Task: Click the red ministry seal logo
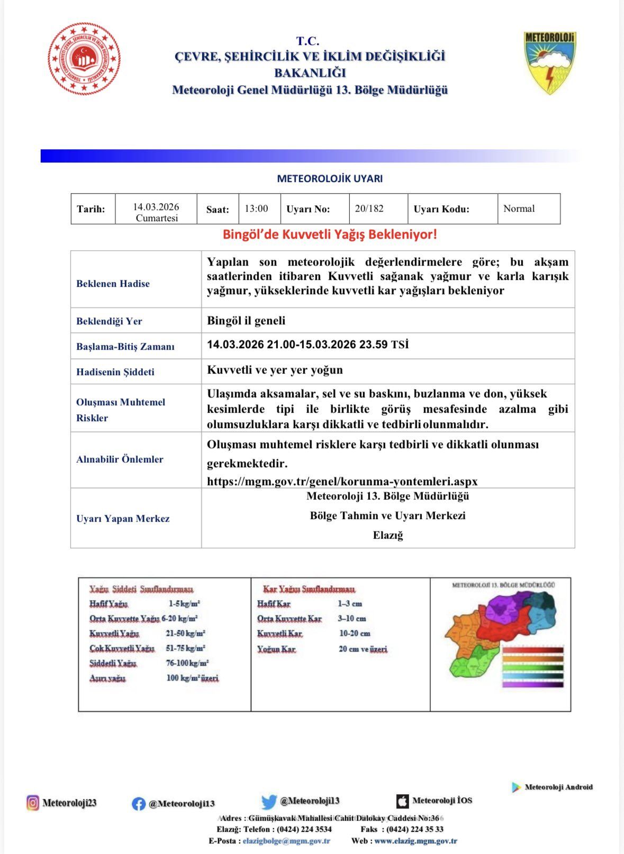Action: (x=84, y=59)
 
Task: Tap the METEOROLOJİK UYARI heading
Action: (x=330, y=179)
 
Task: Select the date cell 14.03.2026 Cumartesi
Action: (x=156, y=212)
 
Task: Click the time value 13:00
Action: (x=256, y=208)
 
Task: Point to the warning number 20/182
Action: (x=369, y=208)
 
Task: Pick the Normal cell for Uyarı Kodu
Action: (x=519, y=208)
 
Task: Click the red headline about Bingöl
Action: (x=330, y=234)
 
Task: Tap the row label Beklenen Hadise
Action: (x=113, y=284)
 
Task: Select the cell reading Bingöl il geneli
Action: (x=246, y=321)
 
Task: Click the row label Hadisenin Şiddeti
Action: (x=115, y=372)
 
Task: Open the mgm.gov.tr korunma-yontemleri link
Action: (x=342, y=481)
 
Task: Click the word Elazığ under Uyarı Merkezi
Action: (x=388, y=535)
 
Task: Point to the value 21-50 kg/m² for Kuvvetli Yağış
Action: (x=185, y=633)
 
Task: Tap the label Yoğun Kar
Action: (x=276, y=649)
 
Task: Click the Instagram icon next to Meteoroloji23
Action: (x=33, y=803)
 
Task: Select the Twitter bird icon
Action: (x=269, y=802)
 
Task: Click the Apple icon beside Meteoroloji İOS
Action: (x=402, y=801)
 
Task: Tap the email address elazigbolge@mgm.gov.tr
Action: (x=286, y=841)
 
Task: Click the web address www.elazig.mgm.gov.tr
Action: (x=415, y=841)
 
